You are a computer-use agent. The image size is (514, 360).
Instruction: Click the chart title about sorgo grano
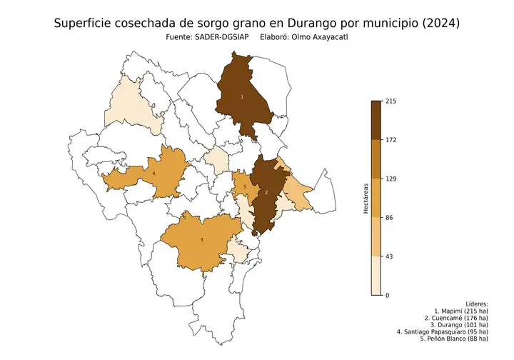(257, 24)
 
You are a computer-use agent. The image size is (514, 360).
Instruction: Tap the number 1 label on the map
(242, 96)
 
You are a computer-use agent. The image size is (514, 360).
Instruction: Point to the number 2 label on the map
(266, 193)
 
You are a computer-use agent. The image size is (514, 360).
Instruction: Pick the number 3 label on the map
(201, 239)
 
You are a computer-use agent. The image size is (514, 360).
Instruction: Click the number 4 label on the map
(154, 173)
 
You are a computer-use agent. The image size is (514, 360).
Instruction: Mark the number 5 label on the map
(245, 186)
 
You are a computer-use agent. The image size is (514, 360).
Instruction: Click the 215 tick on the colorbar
(390, 101)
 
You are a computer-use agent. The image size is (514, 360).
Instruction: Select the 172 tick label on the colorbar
(390, 140)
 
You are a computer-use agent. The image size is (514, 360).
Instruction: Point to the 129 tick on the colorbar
(390, 179)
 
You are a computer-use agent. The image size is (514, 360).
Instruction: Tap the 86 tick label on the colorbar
(389, 218)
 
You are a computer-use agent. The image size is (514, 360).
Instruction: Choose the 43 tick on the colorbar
(389, 256)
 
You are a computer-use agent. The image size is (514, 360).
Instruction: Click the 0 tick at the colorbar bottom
(387, 295)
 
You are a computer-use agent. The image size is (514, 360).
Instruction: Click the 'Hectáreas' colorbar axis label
(365, 199)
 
